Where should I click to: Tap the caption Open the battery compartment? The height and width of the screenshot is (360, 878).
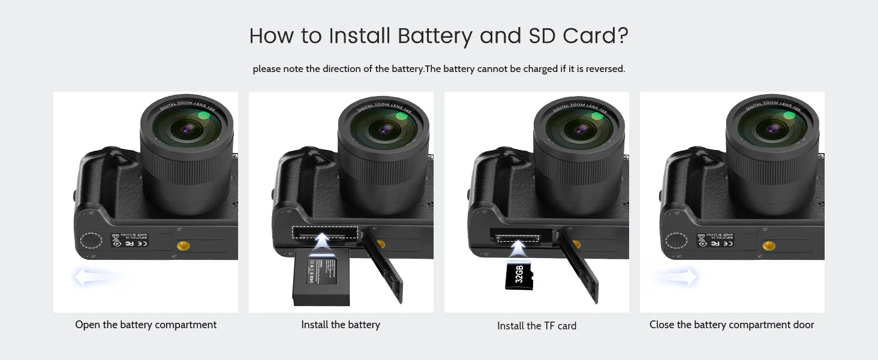pyautogui.click(x=146, y=325)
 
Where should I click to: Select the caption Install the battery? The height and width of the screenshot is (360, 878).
pyautogui.click(x=341, y=325)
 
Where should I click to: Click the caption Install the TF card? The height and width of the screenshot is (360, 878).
pyautogui.click(x=537, y=326)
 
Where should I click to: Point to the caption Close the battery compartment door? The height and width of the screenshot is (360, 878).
pyautogui.click(x=732, y=325)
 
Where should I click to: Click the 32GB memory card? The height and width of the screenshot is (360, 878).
pyautogui.click(x=518, y=275)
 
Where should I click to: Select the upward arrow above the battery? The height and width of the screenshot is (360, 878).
pyautogui.click(x=322, y=242)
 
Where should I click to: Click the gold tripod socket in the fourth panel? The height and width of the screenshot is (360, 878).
pyautogui.click(x=768, y=245)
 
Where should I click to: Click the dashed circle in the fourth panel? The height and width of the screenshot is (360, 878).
pyautogui.click(x=677, y=241)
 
